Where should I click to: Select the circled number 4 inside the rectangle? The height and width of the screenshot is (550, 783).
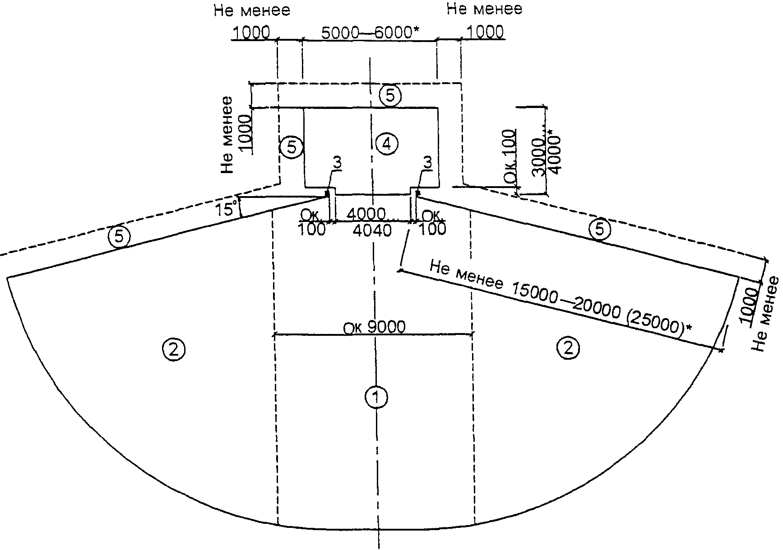point(387,144)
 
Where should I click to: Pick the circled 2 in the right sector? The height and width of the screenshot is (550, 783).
point(568,348)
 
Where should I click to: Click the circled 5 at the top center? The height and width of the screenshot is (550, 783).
point(390,96)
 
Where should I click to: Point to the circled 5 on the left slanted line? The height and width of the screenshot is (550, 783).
point(120,236)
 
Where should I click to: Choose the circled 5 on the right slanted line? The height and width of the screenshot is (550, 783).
point(599,230)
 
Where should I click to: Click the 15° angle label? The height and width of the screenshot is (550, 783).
point(226,210)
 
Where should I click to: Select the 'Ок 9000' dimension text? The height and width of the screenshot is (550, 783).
point(375,327)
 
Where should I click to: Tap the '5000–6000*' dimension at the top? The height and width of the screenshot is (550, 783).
point(370,33)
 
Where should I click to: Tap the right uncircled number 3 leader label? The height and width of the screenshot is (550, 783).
point(428,162)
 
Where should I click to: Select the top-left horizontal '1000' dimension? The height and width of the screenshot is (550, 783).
point(251,33)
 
